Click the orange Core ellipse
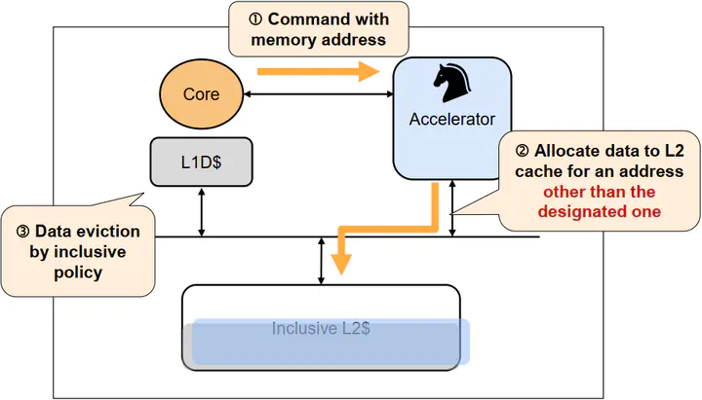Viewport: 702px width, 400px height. coord(201,94)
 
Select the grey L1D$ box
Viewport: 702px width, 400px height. coord(201,162)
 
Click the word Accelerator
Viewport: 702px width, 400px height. coord(452,120)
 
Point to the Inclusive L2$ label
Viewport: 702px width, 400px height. coord(320,328)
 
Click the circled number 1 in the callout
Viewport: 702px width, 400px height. coord(254,18)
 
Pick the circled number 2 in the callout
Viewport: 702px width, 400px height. coord(522,151)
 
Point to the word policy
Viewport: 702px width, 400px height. coord(79,273)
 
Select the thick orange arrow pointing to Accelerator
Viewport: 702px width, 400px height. coord(318,70)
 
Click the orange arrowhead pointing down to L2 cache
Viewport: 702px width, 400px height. coord(340,263)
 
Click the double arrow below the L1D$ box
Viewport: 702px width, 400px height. coord(201,213)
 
